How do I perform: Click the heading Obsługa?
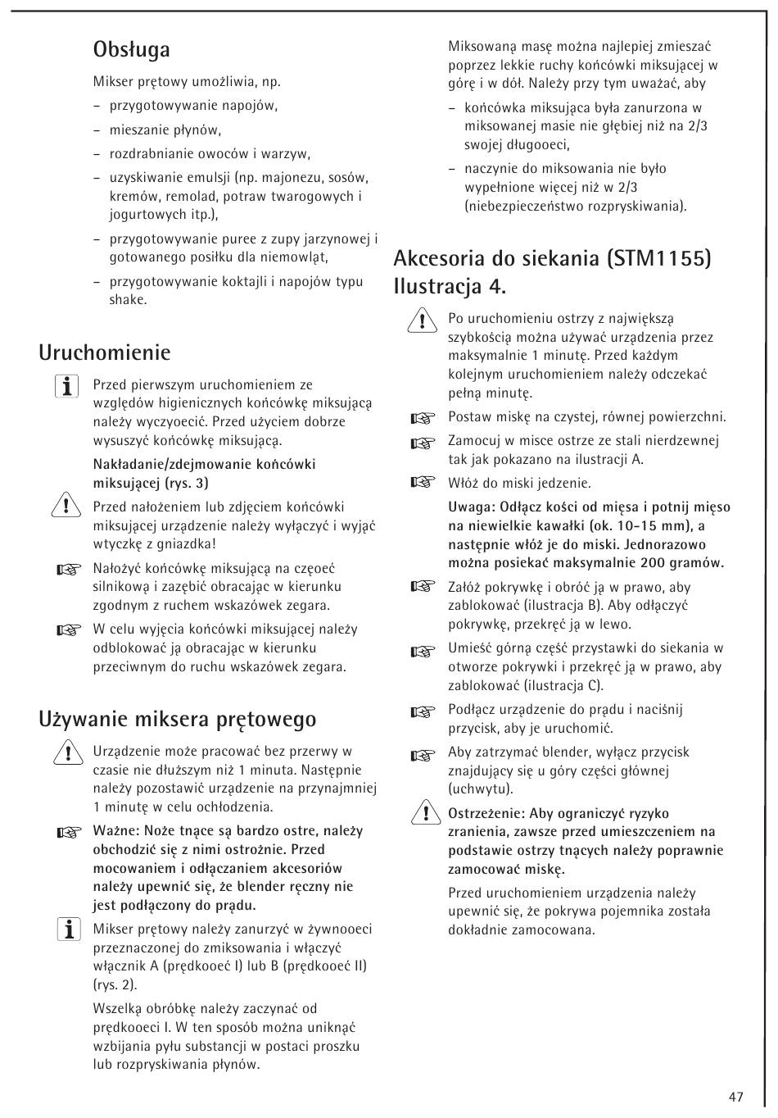tap(131, 50)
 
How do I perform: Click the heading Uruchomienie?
tap(105, 352)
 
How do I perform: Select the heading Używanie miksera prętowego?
tap(177, 719)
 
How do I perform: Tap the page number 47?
tap(735, 1097)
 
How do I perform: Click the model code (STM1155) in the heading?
tap(659, 259)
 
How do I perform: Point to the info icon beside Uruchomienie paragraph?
tap(67, 387)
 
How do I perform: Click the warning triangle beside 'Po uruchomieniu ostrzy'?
tap(422, 320)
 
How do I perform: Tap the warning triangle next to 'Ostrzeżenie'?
tap(422, 815)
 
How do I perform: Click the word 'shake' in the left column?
tap(128, 300)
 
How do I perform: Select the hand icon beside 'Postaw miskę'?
tap(422, 419)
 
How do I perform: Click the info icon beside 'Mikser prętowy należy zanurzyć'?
tap(69, 930)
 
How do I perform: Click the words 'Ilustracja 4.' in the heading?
tap(450, 287)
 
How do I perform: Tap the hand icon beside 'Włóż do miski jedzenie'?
tap(422, 483)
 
